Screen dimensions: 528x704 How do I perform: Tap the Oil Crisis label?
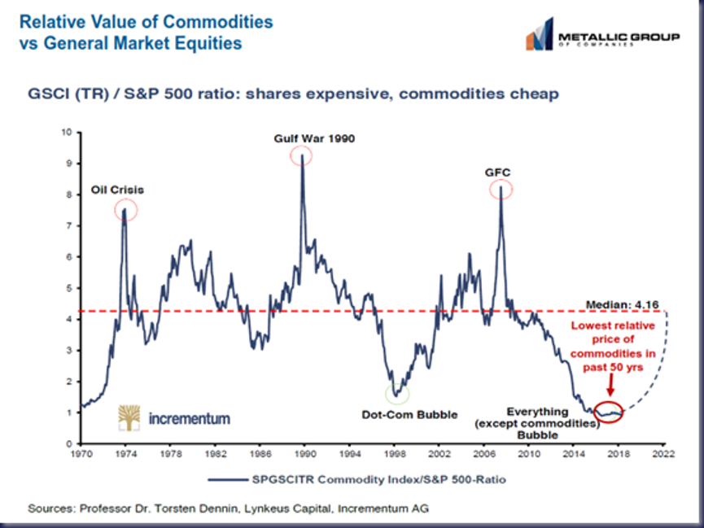click(116, 190)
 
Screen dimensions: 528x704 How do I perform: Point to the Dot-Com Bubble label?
click(409, 414)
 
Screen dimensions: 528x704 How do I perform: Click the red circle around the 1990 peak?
click(303, 155)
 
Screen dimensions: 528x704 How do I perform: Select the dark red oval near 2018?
click(610, 412)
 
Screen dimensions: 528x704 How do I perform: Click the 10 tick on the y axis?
click(68, 132)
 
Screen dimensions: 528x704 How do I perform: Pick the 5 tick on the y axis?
click(70, 288)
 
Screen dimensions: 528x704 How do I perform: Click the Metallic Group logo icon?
click(539, 38)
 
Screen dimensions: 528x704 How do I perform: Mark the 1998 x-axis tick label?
click(396, 456)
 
